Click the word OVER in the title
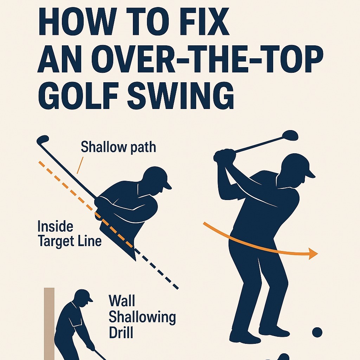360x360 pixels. [134, 59]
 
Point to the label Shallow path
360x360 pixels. [118, 147]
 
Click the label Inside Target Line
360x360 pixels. [69, 234]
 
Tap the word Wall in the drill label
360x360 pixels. [122, 301]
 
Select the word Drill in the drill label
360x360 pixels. [121, 332]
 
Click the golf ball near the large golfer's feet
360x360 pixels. [317, 332]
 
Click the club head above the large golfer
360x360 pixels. [290, 135]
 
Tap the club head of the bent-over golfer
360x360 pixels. [43, 139]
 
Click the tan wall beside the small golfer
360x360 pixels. [49, 324]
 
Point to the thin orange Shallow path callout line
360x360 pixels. [80, 165]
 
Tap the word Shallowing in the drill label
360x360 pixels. [142, 317]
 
